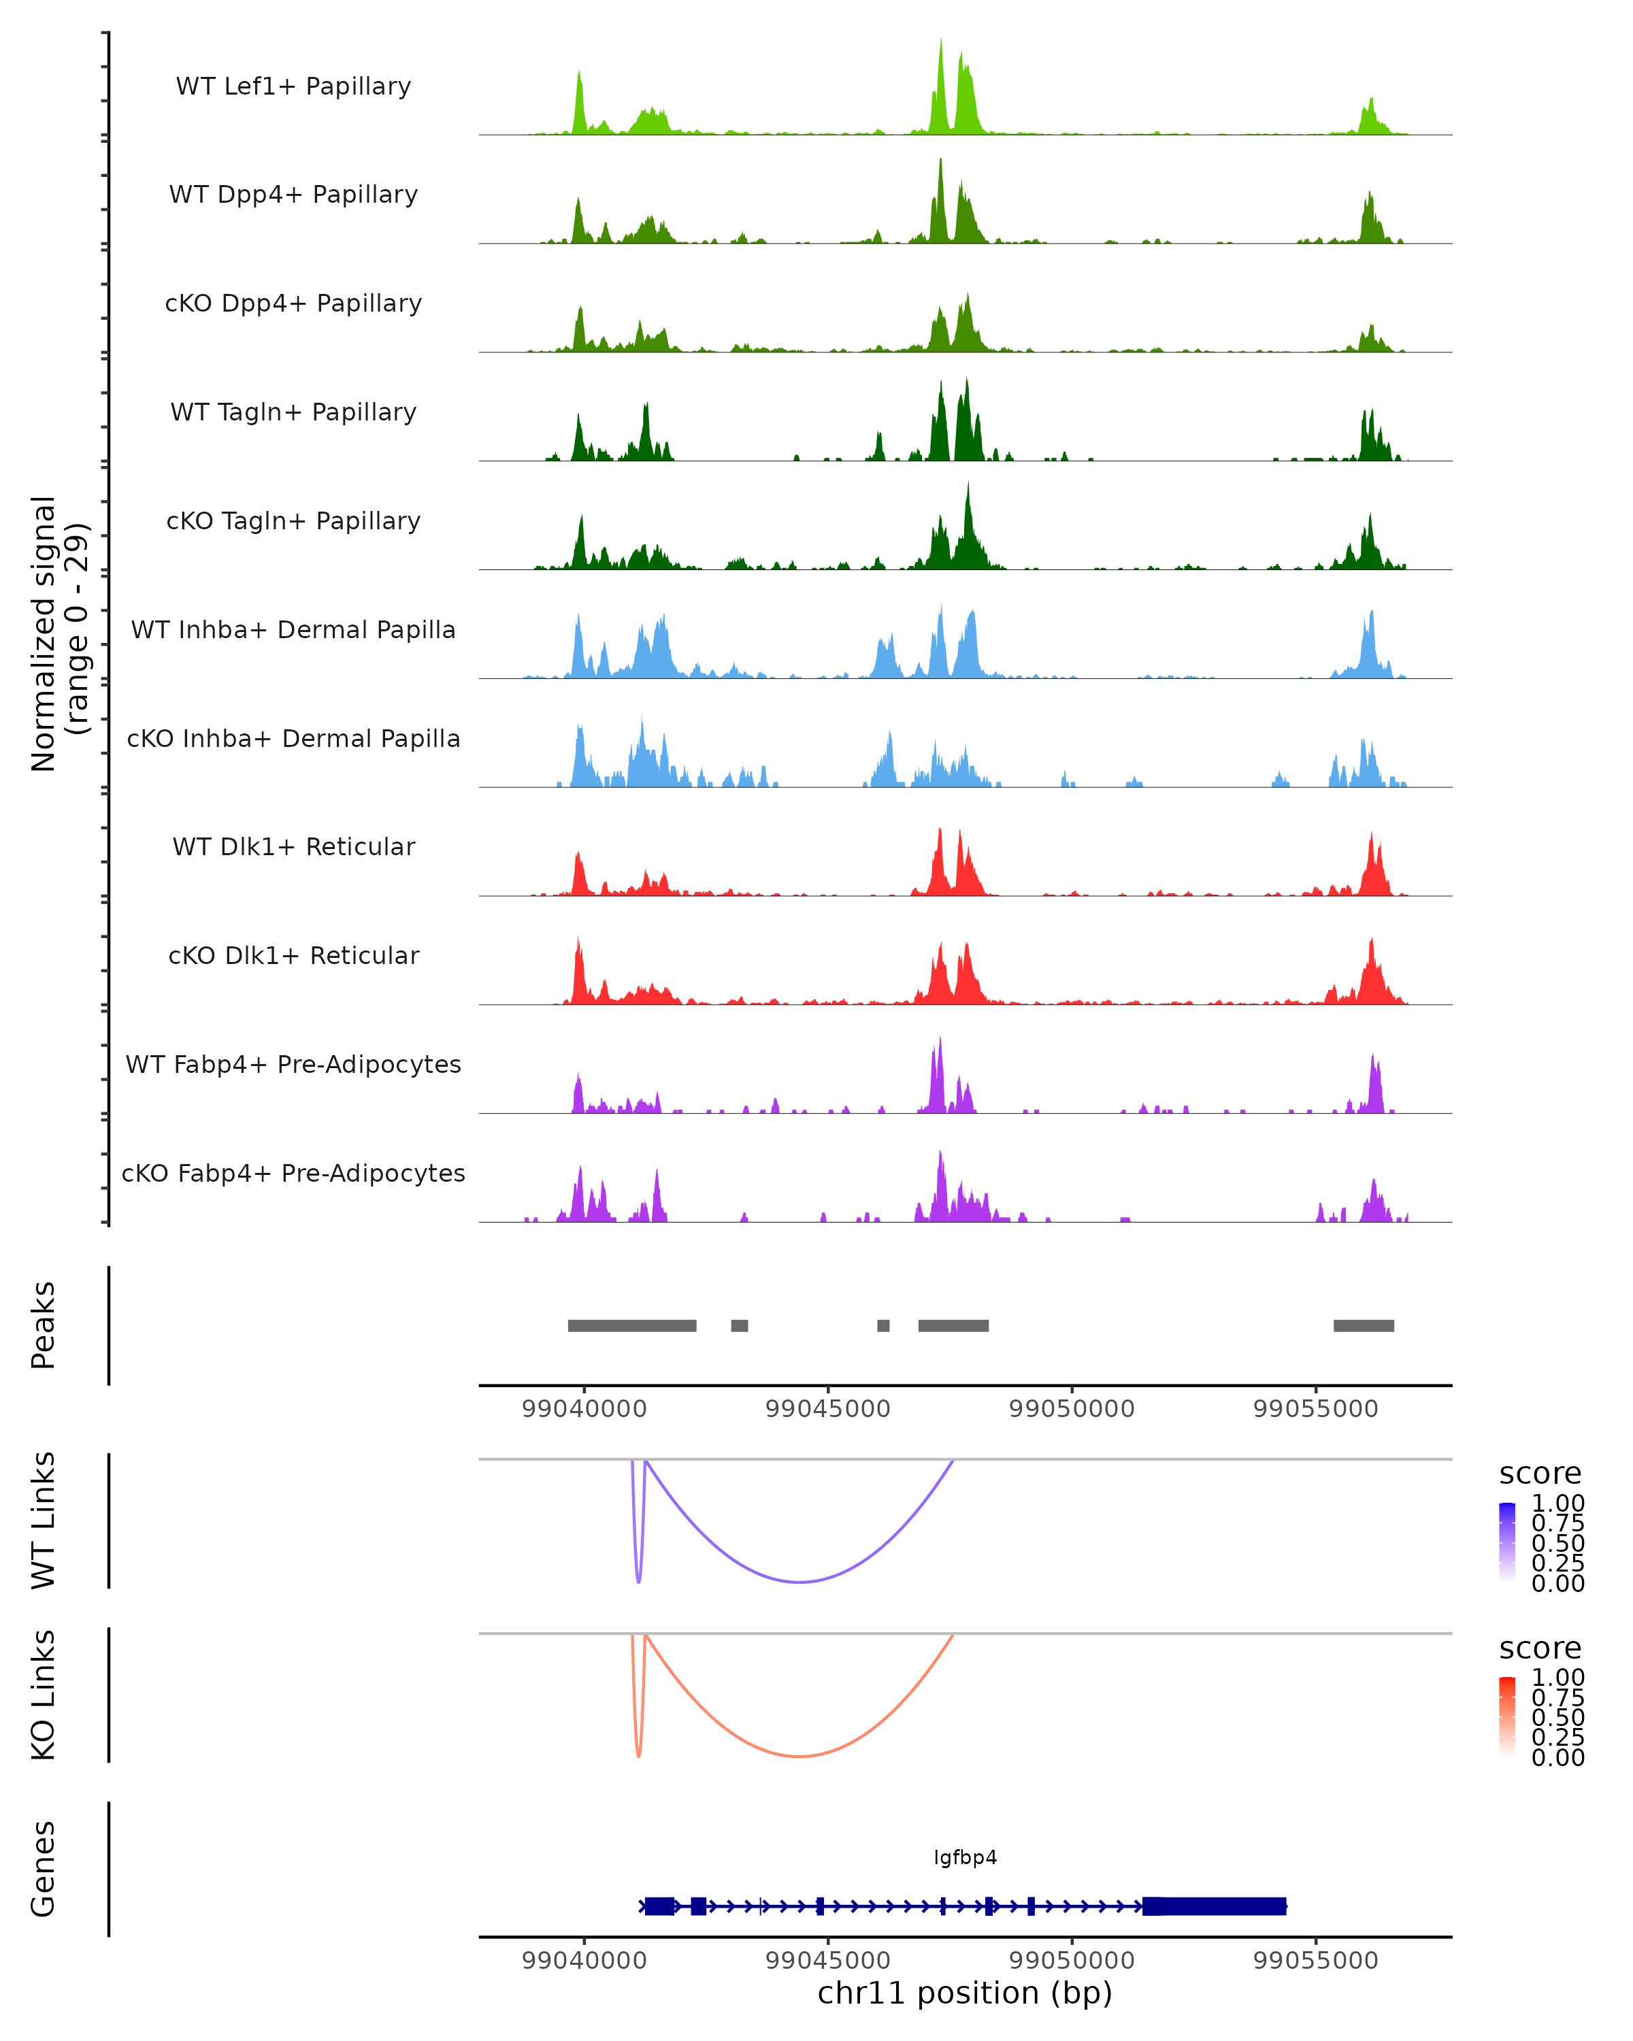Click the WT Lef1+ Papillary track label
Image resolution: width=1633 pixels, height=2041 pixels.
pyautogui.click(x=293, y=86)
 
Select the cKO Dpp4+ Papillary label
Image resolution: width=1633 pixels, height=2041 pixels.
pyautogui.click(x=293, y=303)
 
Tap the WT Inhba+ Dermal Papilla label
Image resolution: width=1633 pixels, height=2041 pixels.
pyautogui.click(x=293, y=629)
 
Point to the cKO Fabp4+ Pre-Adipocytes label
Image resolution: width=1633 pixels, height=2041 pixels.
pyautogui.click(x=293, y=1173)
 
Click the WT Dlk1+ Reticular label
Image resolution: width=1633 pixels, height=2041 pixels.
pyautogui.click(x=293, y=846)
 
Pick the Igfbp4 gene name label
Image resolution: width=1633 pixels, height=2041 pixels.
pyautogui.click(x=965, y=1857)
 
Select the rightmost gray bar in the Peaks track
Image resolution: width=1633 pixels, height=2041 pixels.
pyautogui.click(x=1363, y=1325)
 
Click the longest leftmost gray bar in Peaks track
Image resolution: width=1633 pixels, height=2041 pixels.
pyautogui.click(x=631, y=1325)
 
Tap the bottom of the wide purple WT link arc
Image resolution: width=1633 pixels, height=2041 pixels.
pyautogui.click(x=800, y=1582)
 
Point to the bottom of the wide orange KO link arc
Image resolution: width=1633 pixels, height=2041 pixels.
pyautogui.click(x=800, y=1756)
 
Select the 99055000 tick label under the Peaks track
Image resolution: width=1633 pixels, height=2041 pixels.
pyautogui.click(x=1315, y=1409)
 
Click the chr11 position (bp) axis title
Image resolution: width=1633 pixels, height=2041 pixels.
pyautogui.click(x=965, y=1993)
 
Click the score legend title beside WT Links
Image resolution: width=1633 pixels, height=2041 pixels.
pyautogui.click(x=1540, y=1474)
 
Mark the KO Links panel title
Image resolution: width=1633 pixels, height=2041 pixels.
pyautogui.click(x=44, y=1695)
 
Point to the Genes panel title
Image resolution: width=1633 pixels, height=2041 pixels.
pyautogui.click(x=44, y=1869)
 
